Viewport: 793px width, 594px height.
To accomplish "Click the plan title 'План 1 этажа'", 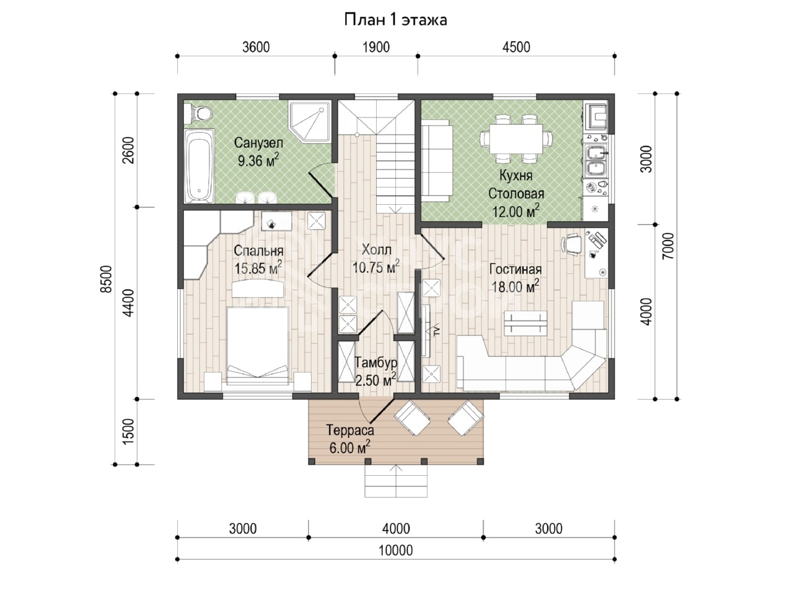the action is tap(396, 20).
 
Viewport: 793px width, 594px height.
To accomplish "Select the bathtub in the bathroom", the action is tap(199, 166).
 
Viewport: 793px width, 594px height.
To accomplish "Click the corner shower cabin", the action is tap(310, 121).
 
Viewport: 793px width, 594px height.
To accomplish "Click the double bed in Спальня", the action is tap(258, 345).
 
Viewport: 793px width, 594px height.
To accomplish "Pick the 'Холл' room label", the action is tap(376, 249).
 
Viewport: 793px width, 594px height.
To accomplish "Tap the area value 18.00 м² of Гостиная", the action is tap(515, 286).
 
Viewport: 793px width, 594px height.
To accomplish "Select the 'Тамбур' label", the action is tap(375, 363).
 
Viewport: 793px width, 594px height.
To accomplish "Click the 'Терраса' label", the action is tap(350, 430).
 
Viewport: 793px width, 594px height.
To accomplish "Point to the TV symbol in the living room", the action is tap(436, 331).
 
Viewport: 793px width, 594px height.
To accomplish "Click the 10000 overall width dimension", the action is tap(396, 550).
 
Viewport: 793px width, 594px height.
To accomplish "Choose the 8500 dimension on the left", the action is tap(107, 279).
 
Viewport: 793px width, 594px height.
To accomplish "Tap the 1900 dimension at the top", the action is tap(376, 47).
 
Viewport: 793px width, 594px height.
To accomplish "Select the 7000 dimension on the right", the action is tap(668, 246).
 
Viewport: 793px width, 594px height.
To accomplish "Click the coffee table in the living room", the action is tap(525, 323).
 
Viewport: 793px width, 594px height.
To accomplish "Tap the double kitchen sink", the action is tap(595, 160).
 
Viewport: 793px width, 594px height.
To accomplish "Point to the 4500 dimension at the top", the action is tap(516, 47).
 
